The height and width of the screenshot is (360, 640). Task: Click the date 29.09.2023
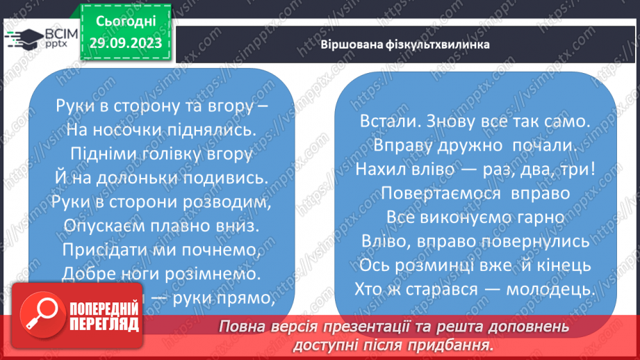coord(124,43)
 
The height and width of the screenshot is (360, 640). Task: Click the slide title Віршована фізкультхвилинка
coord(405,44)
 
